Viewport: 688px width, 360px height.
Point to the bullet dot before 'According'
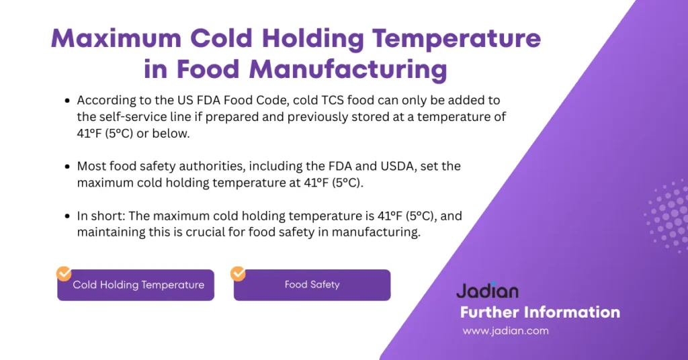pyautogui.click(x=67, y=101)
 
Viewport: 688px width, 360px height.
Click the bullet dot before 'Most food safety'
pyautogui.click(x=67, y=166)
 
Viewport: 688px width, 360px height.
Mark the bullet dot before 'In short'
pyautogui.click(x=67, y=217)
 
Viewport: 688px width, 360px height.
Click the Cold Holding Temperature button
pyautogui.click(x=138, y=285)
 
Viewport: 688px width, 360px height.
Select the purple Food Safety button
pyautogui.click(x=312, y=285)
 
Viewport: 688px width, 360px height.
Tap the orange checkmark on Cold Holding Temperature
pyautogui.click(x=64, y=273)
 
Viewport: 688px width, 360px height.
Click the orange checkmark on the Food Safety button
pyautogui.click(x=238, y=273)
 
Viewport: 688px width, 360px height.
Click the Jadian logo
pyautogui.click(x=487, y=291)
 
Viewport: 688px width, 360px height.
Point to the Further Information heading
pyautogui.click(x=540, y=312)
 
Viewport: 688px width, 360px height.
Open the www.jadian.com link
pyautogui.click(x=505, y=330)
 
